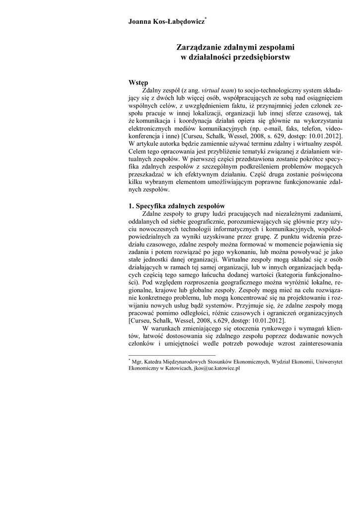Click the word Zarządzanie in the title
pos(200,48)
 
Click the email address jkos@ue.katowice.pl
pos(216,369)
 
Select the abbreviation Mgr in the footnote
pos(137,362)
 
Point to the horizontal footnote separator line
pos(172,355)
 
